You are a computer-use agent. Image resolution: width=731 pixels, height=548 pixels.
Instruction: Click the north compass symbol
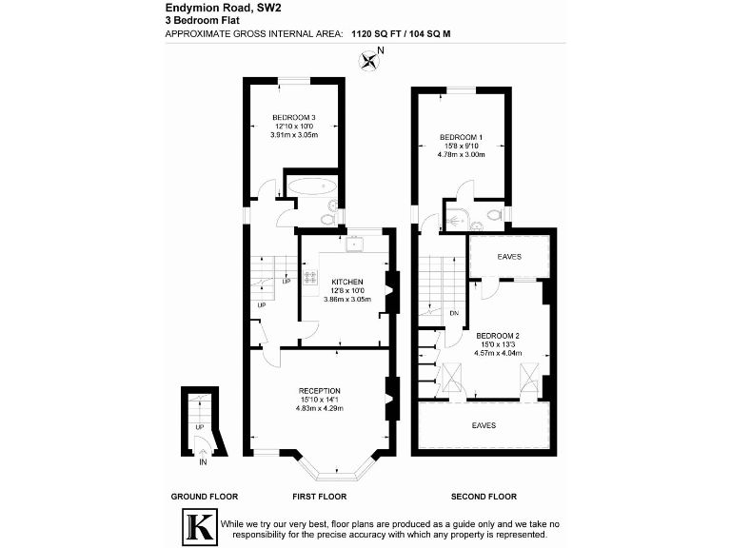click(x=369, y=62)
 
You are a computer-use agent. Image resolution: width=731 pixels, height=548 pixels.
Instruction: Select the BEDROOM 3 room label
click(x=293, y=117)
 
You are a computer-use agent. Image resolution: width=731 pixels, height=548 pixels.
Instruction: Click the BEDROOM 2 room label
click(x=498, y=336)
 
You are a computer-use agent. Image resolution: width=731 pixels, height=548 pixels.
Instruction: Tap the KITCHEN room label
click(x=346, y=283)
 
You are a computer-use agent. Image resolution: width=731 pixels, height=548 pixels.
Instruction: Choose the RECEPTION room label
click(x=320, y=391)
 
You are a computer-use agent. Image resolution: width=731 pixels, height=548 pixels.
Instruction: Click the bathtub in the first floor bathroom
click(x=311, y=186)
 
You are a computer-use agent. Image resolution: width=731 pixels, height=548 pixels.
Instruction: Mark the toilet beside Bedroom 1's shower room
click(x=494, y=215)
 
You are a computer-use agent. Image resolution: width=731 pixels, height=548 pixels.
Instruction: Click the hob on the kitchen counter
click(x=310, y=279)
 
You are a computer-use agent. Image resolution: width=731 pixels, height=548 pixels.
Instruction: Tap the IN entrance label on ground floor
click(x=203, y=462)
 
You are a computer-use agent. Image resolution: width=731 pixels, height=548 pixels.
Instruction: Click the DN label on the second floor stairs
click(x=454, y=312)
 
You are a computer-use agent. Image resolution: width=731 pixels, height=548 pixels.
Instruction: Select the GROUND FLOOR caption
click(x=204, y=497)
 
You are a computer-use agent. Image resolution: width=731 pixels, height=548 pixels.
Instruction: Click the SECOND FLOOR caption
click(x=483, y=497)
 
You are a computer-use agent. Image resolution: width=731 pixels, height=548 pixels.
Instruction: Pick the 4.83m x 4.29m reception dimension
click(x=320, y=408)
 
